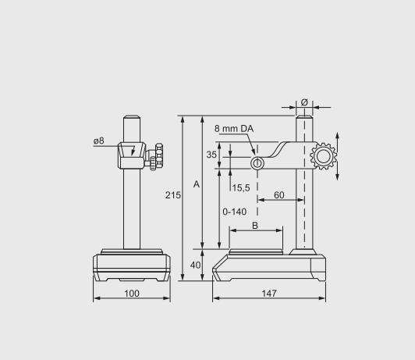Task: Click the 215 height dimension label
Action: click(x=173, y=195)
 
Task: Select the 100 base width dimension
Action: click(x=132, y=294)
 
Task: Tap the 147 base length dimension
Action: click(x=269, y=294)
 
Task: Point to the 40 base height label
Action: click(x=195, y=266)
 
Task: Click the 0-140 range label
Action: click(x=235, y=212)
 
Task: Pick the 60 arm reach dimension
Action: click(x=279, y=195)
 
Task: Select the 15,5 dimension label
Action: click(x=241, y=188)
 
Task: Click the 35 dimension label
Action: click(x=211, y=155)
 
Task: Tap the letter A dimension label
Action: click(x=197, y=184)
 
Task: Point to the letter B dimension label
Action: click(x=255, y=226)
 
